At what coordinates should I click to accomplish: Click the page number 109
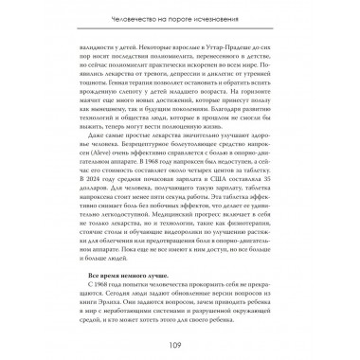[x=180, y=343]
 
